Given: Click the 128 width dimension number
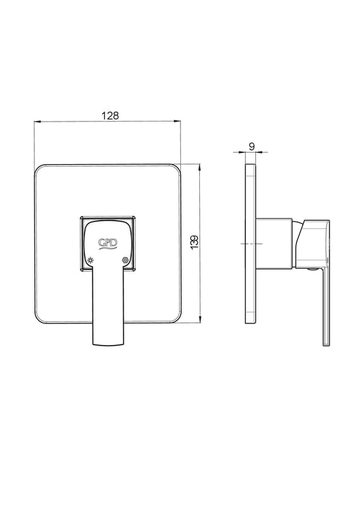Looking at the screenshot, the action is pos(111,115).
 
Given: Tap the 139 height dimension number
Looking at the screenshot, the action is pos(195,242).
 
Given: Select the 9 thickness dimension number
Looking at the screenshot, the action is pos(251,146).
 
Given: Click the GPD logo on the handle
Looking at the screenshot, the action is pos(108,243).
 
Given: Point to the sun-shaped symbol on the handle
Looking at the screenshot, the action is pos(91,260).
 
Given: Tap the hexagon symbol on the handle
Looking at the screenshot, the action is pos(124,260).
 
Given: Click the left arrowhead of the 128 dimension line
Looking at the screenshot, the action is pos(37,122).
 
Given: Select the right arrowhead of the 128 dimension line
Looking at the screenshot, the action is pos(178,122).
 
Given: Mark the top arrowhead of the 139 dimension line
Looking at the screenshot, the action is pos(200,167).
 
